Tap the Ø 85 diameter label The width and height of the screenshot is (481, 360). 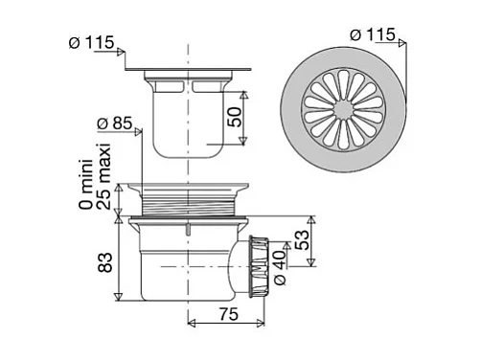coord(118,124)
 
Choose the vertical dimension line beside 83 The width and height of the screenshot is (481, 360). coord(118,259)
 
